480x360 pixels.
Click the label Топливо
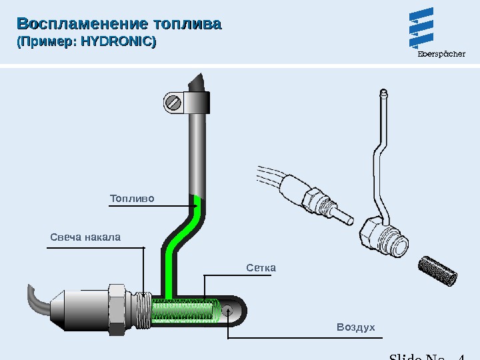132,199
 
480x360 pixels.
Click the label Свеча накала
85,237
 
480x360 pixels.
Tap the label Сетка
261,268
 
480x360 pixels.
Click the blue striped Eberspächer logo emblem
421,28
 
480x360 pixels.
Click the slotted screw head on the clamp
174,103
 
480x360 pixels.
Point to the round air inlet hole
228,311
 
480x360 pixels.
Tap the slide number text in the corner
427,355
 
